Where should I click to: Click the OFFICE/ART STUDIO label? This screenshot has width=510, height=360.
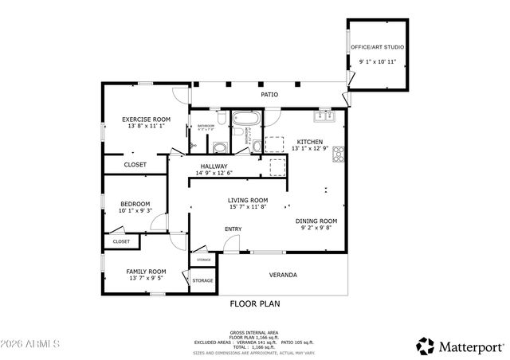[x=378, y=48]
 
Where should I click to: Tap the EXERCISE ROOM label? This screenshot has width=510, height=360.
[x=147, y=119]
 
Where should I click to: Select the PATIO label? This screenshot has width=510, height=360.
[x=270, y=95]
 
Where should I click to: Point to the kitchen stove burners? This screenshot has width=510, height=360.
[x=338, y=153]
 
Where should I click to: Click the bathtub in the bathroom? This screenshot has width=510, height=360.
[x=243, y=119]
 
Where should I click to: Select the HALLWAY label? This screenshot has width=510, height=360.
[x=214, y=166]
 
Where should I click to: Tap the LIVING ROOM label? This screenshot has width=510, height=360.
[x=247, y=200]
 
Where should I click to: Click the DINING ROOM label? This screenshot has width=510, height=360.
[x=316, y=221]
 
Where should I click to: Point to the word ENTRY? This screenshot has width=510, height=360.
[x=233, y=229]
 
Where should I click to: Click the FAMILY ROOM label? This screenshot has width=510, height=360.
[x=146, y=272]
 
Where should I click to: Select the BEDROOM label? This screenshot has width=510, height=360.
[x=135, y=204]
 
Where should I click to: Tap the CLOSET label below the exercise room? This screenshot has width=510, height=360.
[x=135, y=165]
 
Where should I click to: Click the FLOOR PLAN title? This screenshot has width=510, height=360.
[x=255, y=303]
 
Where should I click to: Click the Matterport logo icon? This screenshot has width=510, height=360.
[x=426, y=346]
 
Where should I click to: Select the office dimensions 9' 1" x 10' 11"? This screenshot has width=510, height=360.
[x=378, y=61]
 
